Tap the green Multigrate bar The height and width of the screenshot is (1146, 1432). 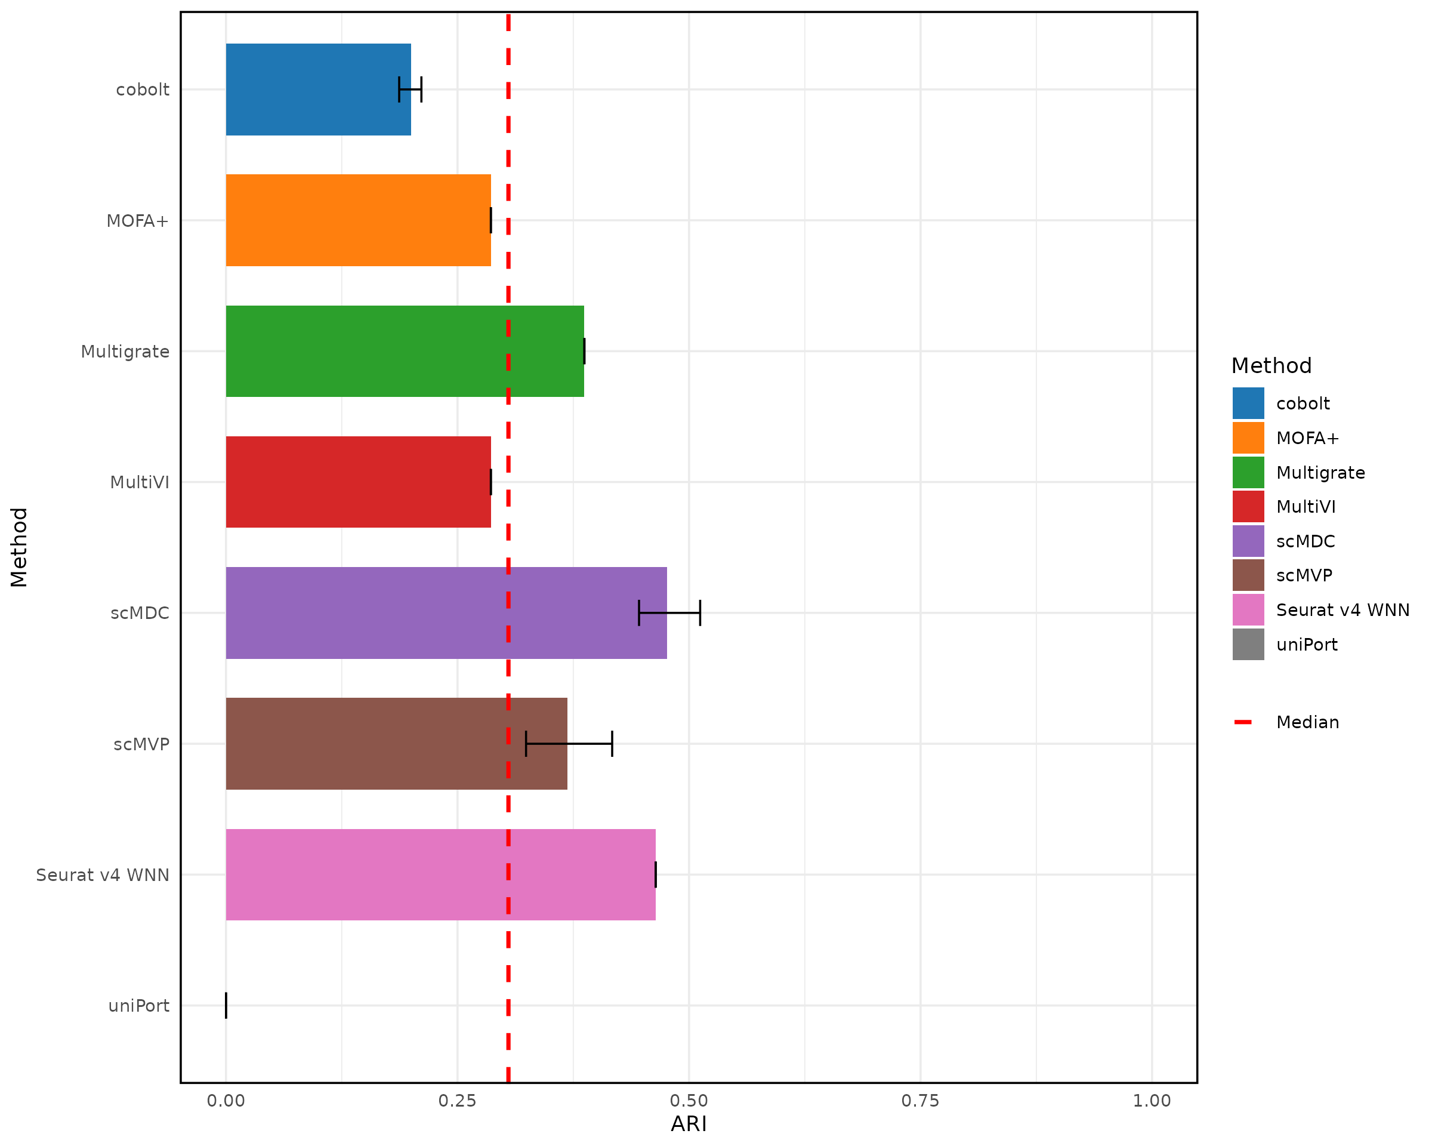405,351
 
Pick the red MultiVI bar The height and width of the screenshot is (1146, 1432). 358,482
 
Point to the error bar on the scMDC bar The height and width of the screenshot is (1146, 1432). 669,612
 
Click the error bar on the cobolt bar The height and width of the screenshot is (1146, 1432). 410,90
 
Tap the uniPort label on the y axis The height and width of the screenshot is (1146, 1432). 139,1006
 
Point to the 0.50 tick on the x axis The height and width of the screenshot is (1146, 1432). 689,1101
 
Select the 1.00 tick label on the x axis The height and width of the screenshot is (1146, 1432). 1152,1101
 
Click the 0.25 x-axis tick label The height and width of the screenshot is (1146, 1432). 457,1101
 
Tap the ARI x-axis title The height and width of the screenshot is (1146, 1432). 689,1124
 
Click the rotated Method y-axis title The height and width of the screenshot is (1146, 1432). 18,547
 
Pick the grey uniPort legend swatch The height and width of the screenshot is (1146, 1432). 1248,645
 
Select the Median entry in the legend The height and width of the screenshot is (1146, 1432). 1307,722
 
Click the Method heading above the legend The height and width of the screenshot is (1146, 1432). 1271,365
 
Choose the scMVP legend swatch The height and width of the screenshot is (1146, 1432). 1248,575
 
